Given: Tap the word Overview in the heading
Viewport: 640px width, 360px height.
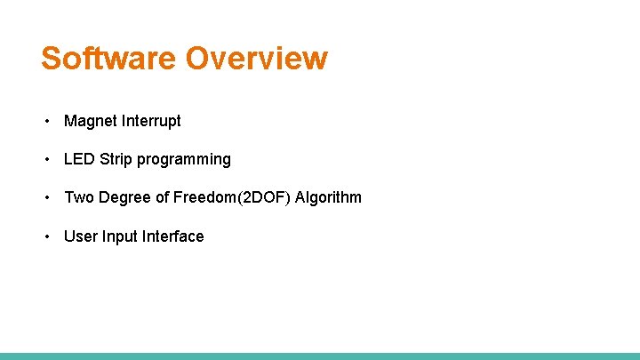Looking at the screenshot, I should point(256,59).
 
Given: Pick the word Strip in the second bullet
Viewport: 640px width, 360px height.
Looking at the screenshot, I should point(116,159).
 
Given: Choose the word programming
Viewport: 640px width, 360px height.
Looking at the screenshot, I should point(184,160).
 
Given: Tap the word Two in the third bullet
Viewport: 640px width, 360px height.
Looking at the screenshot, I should point(78,197).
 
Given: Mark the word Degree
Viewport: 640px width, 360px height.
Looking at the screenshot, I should point(124,198).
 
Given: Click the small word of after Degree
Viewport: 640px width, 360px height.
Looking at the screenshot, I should point(163,197).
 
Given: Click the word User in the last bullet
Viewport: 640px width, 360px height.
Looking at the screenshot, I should point(80,236).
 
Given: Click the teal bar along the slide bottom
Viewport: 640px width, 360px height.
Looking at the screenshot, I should point(320,356).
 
